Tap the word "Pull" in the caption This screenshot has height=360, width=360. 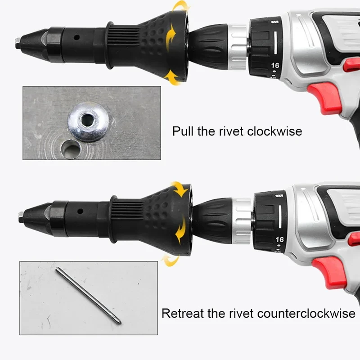[x=182, y=131]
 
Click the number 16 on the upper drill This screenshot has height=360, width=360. [x=275, y=65]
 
